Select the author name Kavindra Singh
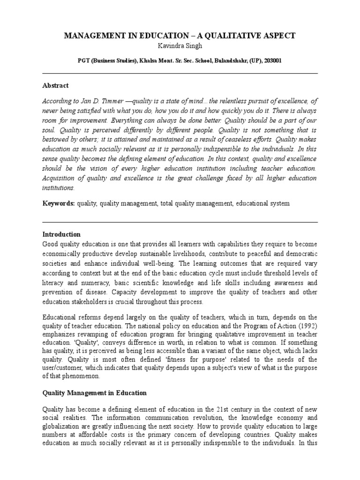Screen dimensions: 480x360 (x=180, y=46)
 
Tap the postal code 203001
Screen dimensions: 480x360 (x=271, y=61)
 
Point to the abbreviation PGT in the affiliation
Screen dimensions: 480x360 (x=85, y=61)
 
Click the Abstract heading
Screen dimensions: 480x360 (x=55, y=85)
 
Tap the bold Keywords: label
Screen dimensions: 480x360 (x=59, y=203)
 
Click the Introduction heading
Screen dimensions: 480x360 (x=61, y=234)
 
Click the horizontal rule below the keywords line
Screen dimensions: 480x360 (x=180, y=222)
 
